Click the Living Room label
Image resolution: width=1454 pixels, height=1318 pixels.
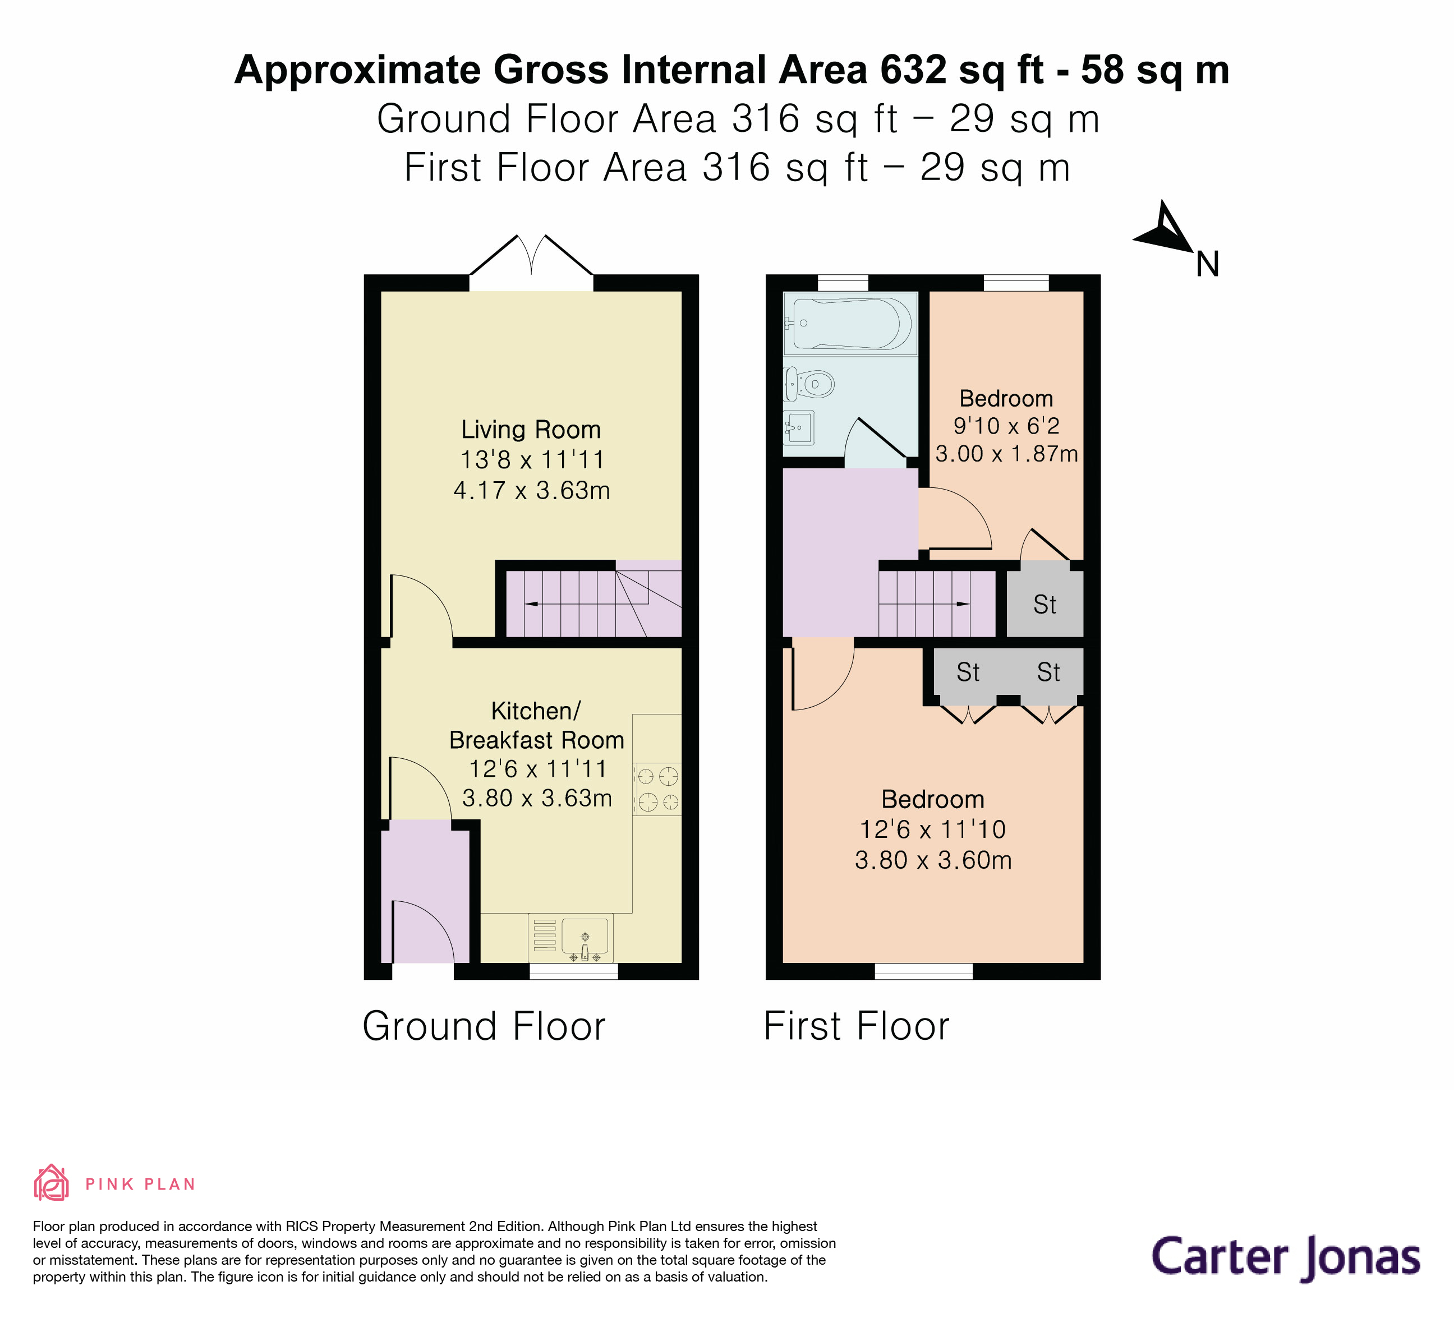pyautogui.click(x=531, y=430)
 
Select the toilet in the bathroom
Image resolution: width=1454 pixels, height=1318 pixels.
pyautogui.click(x=811, y=384)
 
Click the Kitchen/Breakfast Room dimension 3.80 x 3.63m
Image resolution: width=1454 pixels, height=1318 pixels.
pyautogui.click(x=537, y=798)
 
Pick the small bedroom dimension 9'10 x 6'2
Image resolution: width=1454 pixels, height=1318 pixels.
pyautogui.click(x=1006, y=426)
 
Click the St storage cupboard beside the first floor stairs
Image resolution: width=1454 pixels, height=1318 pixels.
pyautogui.click(x=1045, y=604)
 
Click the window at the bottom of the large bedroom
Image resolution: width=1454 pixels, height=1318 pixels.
pyautogui.click(x=923, y=971)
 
